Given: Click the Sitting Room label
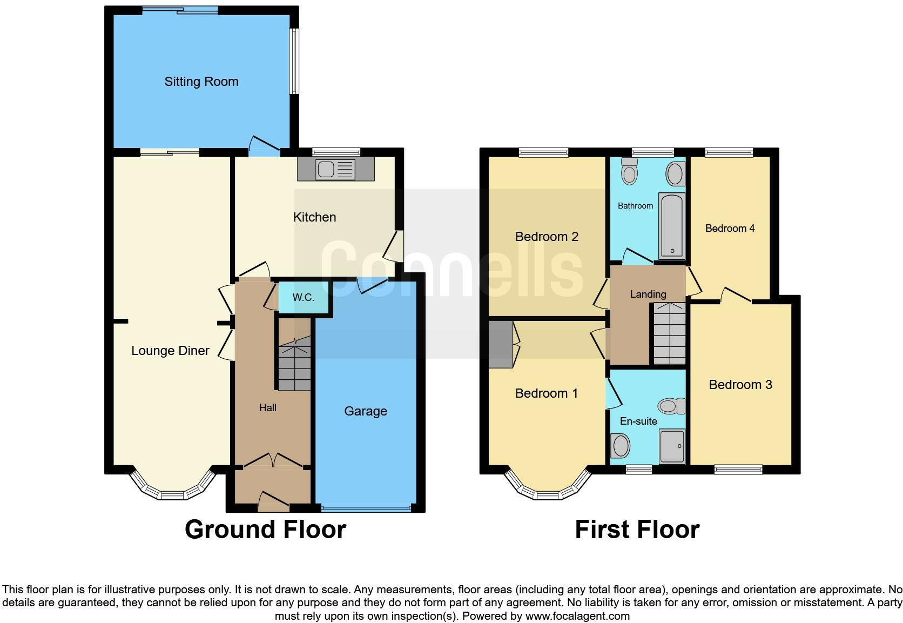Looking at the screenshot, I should (x=201, y=82).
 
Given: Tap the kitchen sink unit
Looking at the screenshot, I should (x=335, y=170).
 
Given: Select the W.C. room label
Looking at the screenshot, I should (x=303, y=298).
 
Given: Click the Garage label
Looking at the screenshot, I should (x=366, y=411).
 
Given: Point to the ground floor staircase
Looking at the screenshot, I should (x=294, y=364).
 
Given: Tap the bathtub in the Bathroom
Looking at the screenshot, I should (x=672, y=226).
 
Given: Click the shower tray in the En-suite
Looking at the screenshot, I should (x=672, y=446).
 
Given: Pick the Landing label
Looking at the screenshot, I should (x=648, y=294).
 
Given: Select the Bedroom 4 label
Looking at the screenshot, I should (x=730, y=229).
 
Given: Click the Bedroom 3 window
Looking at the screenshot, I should (x=738, y=470).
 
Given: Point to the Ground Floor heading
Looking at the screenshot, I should (x=265, y=530).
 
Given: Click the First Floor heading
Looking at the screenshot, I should (x=637, y=530).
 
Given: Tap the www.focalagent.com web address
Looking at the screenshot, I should (x=577, y=616).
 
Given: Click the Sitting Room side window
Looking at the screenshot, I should (x=294, y=61).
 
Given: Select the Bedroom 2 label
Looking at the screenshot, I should (x=547, y=237).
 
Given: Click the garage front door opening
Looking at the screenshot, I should (x=366, y=508).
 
